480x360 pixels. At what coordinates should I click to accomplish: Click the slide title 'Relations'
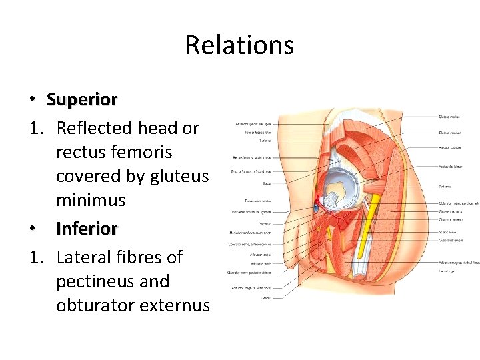(239, 45)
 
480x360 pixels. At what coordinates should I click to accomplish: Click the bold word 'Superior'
(82, 100)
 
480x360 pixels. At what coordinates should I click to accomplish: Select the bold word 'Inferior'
(87, 229)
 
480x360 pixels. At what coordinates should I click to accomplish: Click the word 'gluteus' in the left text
(182, 176)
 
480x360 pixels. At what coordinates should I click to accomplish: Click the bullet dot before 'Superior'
(32, 101)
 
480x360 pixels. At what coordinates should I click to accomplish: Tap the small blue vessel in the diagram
(316, 208)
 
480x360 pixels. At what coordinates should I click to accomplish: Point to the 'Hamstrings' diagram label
(447, 271)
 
